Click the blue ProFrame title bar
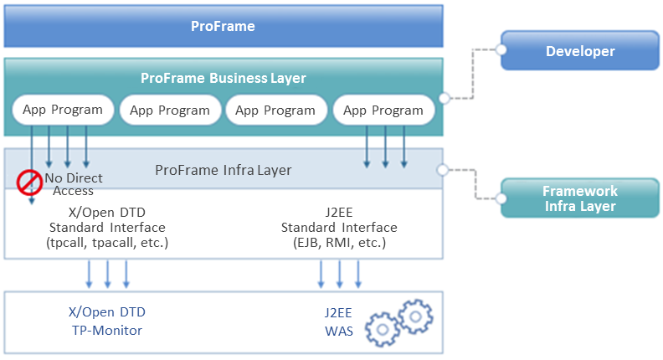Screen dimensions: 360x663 (x=222, y=27)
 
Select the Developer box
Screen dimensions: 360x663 (x=580, y=51)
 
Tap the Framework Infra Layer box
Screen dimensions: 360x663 (x=580, y=198)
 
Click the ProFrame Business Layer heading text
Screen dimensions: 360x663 (x=223, y=78)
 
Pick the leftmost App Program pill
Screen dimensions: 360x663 (x=64, y=110)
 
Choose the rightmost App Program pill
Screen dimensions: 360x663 (x=383, y=110)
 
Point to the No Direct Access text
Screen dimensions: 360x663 (x=74, y=184)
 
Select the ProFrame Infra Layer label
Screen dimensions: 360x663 (x=224, y=170)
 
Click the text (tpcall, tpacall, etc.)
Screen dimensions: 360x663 (x=107, y=243)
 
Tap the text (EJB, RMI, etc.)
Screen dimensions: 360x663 (x=339, y=243)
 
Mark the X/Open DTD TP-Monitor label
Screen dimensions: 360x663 (x=106, y=321)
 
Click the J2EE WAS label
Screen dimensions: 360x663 (x=340, y=321)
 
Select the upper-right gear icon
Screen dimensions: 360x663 (x=415, y=315)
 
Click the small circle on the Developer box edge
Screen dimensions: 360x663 (x=501, y=50)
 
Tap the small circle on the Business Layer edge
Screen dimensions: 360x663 (x=445, y=98)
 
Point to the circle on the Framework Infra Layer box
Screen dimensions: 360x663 (x=501, y=199)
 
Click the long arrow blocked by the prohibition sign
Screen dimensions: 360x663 (x=31, y=159)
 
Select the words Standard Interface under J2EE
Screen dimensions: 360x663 (x=339, y=228)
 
